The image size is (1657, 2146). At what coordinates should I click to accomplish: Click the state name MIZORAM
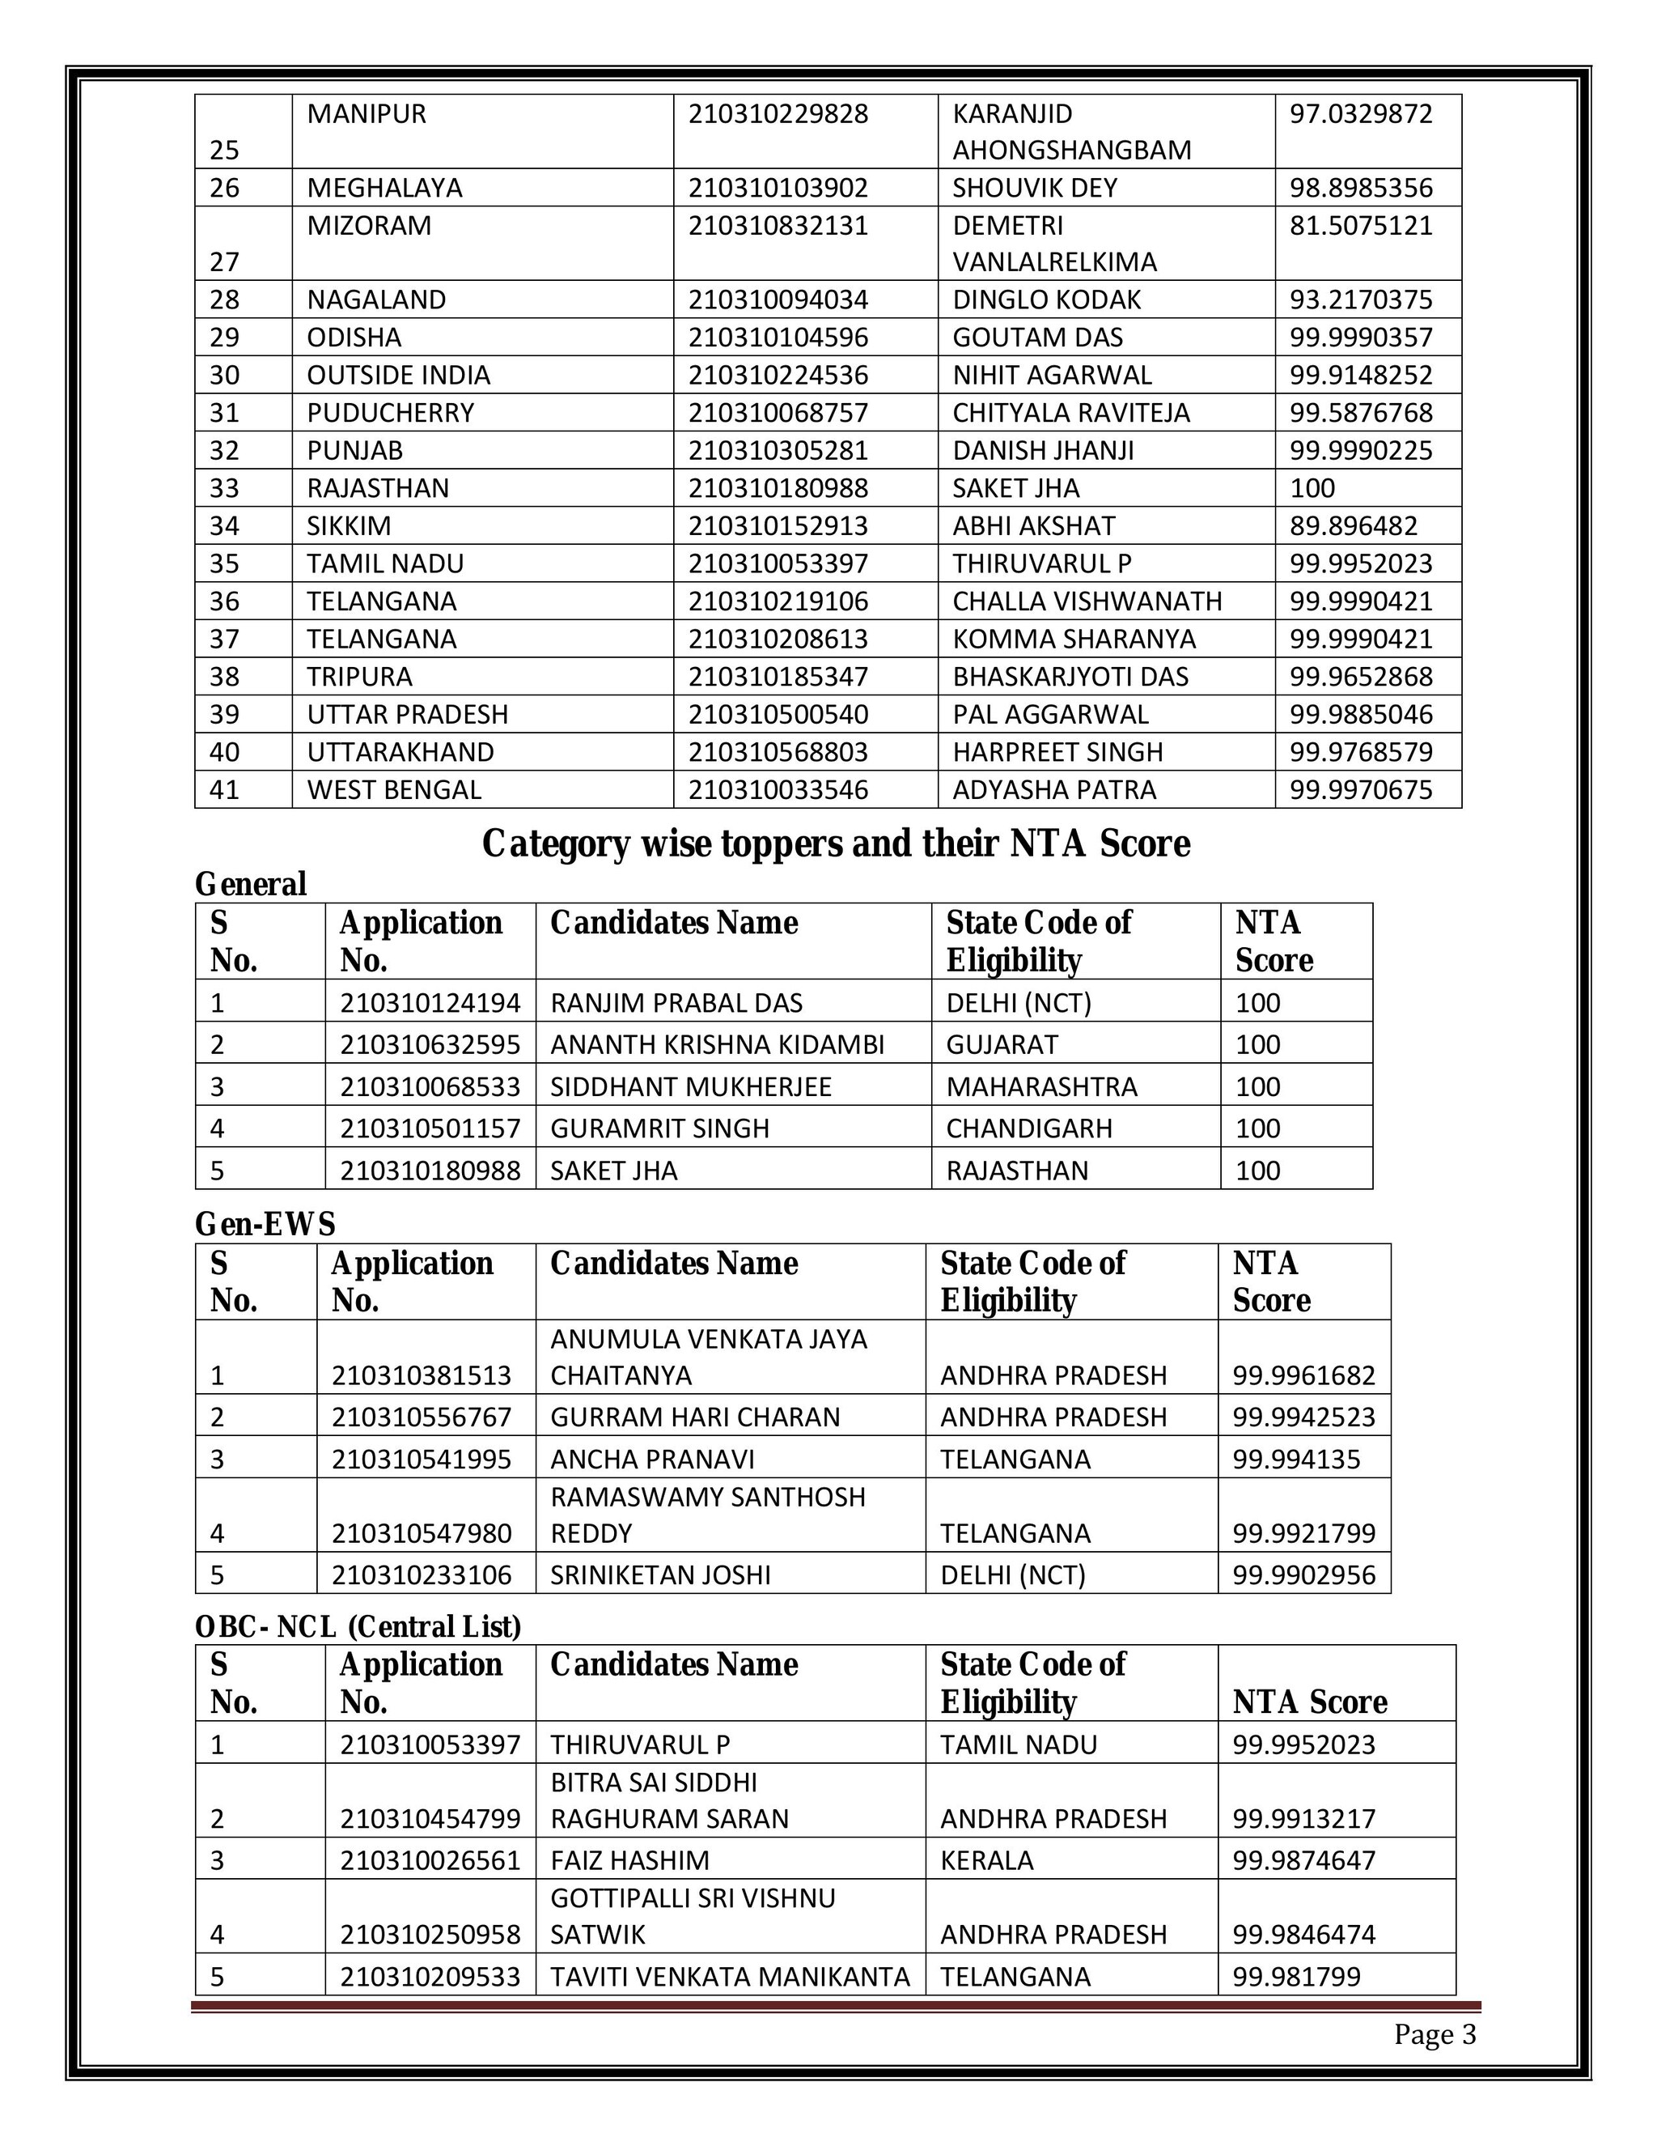(369, 225)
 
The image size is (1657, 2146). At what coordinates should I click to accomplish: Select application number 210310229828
(778, 114)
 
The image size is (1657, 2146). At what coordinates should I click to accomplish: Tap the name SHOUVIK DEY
(1034, 188)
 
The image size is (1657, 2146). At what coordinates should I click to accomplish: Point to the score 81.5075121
(1360, 225)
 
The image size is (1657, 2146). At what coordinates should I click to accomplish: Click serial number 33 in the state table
(225, 488)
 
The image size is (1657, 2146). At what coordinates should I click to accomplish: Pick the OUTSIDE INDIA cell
(398, 376)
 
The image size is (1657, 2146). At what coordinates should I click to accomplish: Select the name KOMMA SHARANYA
(1074, 639)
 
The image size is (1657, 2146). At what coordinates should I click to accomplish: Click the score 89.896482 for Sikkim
(1353, 525)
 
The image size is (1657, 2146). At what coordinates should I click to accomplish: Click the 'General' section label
(251, 884)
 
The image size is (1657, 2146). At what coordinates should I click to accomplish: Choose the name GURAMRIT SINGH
(659, 1128)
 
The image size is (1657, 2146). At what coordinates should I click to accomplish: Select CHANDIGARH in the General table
(1028, 1128)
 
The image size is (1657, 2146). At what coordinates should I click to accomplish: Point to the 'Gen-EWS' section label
(265, 1224)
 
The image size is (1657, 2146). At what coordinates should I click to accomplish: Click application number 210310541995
(422, 1460)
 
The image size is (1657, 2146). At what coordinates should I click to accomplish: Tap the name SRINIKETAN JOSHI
(660, 1575)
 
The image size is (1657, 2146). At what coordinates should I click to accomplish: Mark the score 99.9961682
(1303, 1375)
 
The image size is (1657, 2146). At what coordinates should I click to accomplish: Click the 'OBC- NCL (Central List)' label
(358, 1627)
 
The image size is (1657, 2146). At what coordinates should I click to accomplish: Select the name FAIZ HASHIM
(629, 1860)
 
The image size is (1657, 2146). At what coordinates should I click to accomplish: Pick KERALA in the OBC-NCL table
(986, 1860)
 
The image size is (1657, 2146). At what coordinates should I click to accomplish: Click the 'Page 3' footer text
(1434, 2034)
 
